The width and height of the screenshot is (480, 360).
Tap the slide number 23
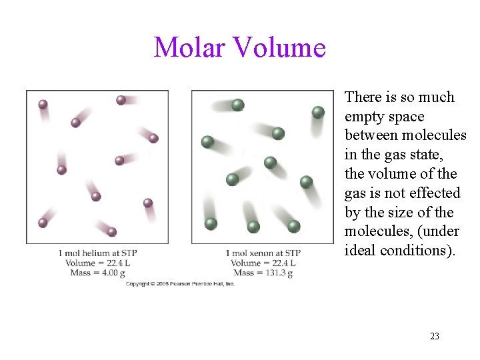pyautogui.click(x=435, y=336)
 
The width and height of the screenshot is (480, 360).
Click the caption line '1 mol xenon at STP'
pyautogui.click(x=263, y=253)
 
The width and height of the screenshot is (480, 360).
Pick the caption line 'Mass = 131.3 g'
pyautogui.click(x=263, y=272)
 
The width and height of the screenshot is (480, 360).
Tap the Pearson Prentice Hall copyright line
pyautogui.click(x=181, y=284)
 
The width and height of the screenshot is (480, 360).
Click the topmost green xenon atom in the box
pyautogui.click(x=238, y=105)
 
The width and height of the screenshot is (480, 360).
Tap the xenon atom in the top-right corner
pyautogui.click(x=318, y=112)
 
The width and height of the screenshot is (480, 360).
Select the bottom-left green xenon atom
pyautogui.click(x=211, y=223)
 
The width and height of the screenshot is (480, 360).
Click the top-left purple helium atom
pyautogui.click(x=43, y=104)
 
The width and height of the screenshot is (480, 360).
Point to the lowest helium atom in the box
pyautogui.click(x=112, y=232)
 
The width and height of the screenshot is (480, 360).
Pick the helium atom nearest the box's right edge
pyautogui.click(x=153, y=138)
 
